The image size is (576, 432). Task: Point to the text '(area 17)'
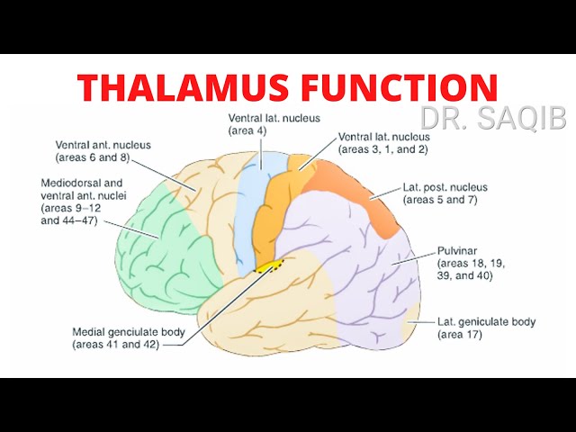click(x=460, y=335)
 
